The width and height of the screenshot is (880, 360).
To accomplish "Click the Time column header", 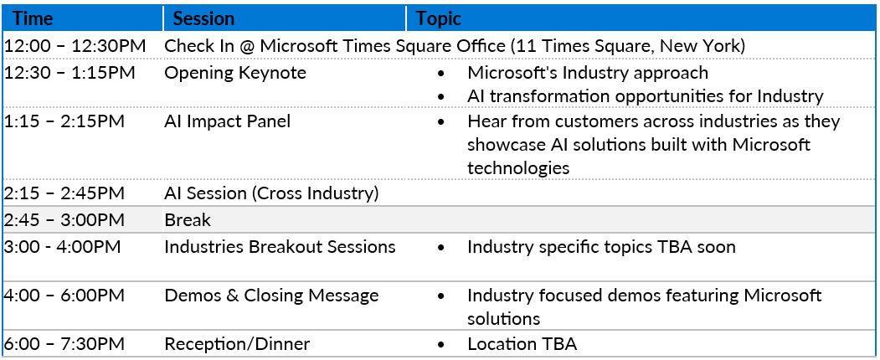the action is tap(33, 18).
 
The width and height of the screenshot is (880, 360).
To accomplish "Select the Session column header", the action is tap(203, 18).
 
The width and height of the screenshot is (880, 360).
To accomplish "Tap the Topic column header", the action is tap(438, 18).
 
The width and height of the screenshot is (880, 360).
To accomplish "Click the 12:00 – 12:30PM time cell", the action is tap(75, 47).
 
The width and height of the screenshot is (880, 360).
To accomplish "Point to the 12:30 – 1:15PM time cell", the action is tap(69, 73).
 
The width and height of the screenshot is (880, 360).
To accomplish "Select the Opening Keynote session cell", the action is tap(235, 73).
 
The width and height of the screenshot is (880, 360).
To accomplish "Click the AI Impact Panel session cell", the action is tap(227, 121).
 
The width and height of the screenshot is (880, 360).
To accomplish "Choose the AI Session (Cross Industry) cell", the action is tap(271, 193).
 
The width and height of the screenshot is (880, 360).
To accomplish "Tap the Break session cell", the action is tap(188, 220).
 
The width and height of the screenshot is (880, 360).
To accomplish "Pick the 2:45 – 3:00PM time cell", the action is tap(64, 220).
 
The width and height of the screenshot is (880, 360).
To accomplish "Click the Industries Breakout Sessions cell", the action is tap(280, 247).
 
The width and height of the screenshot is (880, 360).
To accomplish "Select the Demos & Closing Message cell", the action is tap(271, 296).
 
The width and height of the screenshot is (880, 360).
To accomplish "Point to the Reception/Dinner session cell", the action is tap(237, 344).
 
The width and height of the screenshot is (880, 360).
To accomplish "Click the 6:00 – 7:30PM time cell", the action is tap(64, 344).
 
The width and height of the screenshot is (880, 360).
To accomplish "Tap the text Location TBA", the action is tap(522, 344).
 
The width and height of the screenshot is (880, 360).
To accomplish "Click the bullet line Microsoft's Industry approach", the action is tap(588, 73).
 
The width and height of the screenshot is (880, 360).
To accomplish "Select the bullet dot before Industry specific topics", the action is tap(443, 247).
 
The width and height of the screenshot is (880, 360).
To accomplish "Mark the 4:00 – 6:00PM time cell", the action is tap(64, 296).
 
